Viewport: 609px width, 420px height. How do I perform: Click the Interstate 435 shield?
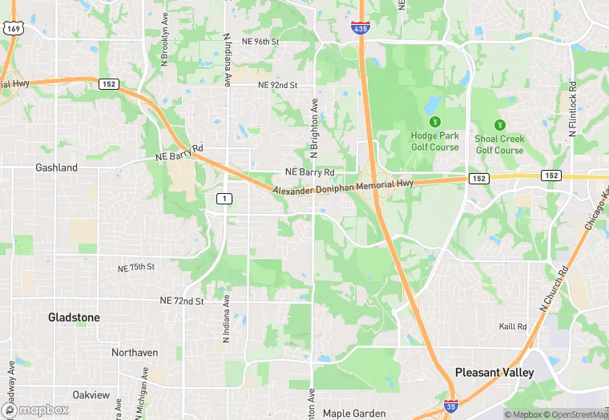pos(360,27)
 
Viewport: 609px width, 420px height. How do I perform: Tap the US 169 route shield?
pos(12,28)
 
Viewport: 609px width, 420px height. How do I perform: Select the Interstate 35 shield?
pos(451,406)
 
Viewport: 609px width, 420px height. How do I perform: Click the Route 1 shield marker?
pos(226,198)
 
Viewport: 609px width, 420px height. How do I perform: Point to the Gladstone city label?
pos(75,317)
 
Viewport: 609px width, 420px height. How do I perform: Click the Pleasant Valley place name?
pos(494,373)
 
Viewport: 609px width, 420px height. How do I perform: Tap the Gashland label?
pos(56,168)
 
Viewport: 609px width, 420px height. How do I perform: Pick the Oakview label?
pos(91,394)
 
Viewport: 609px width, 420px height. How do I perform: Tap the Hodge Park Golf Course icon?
pos(434,123)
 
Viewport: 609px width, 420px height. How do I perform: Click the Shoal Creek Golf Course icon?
pos(499,125)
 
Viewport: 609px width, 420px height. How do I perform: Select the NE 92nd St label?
pos(277,84)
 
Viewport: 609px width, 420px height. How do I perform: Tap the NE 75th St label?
pos(135,267)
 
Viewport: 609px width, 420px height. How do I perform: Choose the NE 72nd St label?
pos(182,301)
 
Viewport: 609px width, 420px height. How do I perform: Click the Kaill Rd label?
pos(513,326)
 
